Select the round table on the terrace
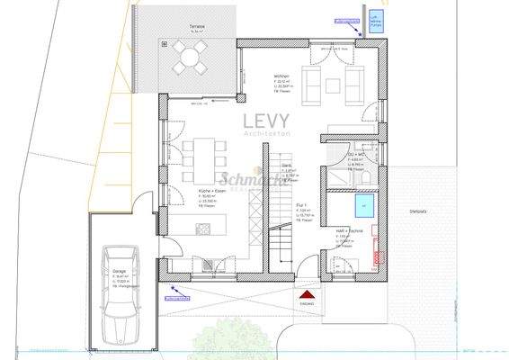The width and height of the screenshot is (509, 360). (190, 59)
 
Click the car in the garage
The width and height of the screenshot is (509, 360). (121, 293)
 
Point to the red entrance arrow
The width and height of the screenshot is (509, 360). (308, 293)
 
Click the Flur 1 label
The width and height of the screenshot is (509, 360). (304, 206)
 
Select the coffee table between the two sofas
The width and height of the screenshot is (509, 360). (332, 87)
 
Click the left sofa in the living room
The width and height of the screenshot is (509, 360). (312, 87)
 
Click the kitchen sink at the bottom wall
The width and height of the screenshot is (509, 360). (208, 264)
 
